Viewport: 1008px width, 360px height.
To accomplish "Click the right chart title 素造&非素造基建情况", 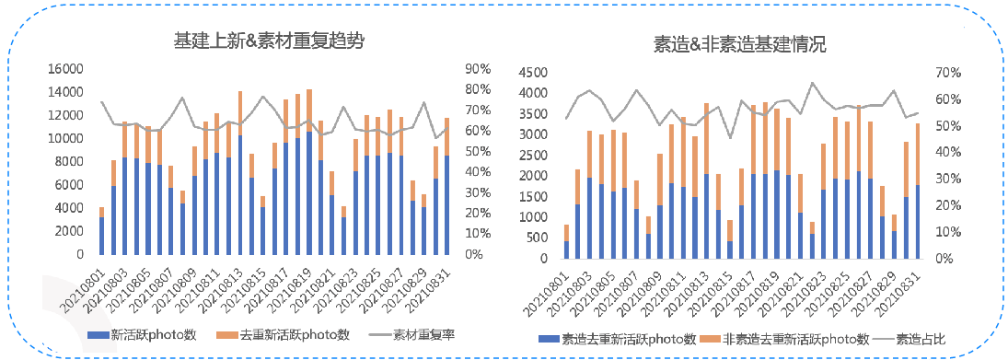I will (x=739, y=45).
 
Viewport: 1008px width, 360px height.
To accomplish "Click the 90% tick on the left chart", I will (x=479, y=69).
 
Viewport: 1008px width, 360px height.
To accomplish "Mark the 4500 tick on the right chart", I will (x=535, y=73).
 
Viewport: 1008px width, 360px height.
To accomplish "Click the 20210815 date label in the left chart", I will (x=249, y=286).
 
